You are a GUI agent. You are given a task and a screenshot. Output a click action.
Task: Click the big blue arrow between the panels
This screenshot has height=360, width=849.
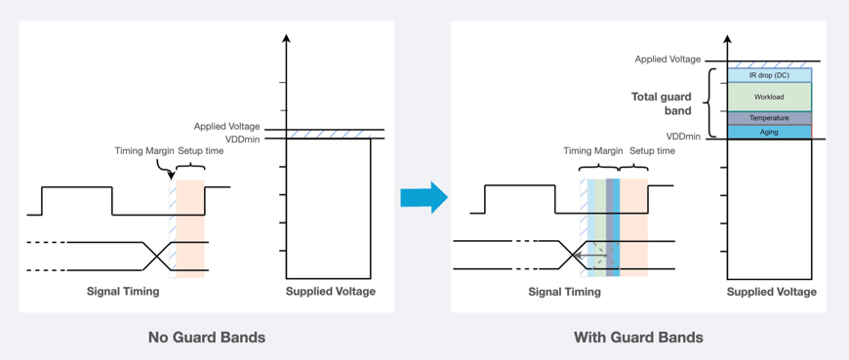424,198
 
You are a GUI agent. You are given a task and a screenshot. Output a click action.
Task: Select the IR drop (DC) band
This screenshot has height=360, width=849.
769,75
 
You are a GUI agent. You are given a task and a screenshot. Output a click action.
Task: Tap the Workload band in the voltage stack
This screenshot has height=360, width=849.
769,97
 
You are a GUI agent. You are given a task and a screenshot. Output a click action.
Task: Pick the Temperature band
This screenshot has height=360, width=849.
769,118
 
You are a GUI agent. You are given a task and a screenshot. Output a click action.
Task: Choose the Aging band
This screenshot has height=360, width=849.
769,132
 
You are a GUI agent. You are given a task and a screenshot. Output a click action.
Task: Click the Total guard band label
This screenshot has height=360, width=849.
662,103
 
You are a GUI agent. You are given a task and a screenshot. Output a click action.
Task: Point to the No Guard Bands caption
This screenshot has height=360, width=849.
207,338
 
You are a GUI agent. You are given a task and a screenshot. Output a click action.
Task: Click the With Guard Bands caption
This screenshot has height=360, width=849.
638,338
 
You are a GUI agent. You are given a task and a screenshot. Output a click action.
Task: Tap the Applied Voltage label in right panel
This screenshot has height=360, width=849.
667,60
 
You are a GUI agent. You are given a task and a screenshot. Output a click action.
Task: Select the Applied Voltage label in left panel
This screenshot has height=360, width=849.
226,127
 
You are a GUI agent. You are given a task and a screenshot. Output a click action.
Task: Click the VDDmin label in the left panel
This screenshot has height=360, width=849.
242,140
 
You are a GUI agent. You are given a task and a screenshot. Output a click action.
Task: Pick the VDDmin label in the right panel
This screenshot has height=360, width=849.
683,137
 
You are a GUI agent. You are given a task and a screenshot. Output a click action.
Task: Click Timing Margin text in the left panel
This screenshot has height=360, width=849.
143,151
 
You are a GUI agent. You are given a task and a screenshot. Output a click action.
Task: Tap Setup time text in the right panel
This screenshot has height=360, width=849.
652,151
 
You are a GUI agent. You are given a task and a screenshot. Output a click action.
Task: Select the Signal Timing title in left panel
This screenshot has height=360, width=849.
123,291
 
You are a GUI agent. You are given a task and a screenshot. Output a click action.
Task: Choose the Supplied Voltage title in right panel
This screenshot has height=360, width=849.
771,291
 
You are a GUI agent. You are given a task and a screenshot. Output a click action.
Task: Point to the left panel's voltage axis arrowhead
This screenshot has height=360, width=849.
286,39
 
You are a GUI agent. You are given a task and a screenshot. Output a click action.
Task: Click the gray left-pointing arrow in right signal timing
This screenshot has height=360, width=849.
591,256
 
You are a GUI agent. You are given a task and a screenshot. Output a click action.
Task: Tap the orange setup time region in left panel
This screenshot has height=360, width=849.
191,229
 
